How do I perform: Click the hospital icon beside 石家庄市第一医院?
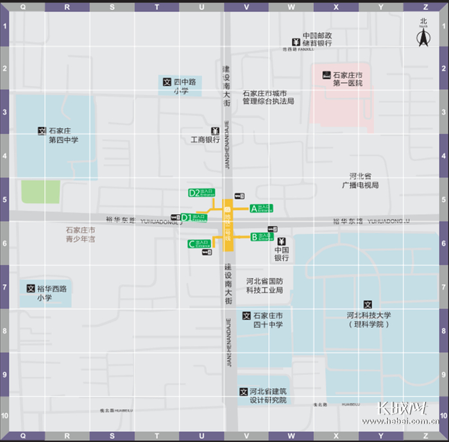click(x=326, y=75)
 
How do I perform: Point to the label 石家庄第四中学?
click(x=64, y=135)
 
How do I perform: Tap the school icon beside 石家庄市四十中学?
click(x=246, y=316)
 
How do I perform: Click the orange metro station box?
click(x=228, y=224)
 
